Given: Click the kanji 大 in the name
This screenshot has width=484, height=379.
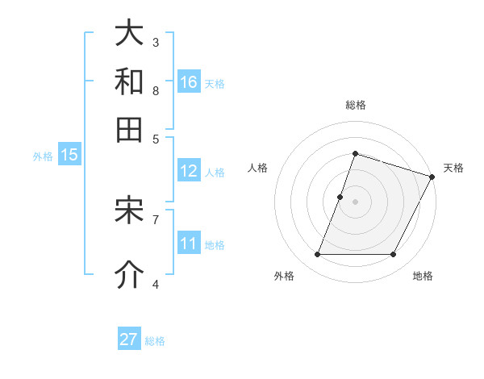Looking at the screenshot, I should point(130,33).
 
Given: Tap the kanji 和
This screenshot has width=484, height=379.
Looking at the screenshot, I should point(130,81).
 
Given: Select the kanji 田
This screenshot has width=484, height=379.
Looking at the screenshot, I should point(130,130).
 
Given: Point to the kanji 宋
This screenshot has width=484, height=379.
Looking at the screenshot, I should point(130,210).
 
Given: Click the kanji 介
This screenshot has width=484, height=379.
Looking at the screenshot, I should point(130,275).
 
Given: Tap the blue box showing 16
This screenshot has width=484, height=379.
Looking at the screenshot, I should point(189,81).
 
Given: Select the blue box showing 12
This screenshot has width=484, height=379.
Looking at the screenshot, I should point(189,171).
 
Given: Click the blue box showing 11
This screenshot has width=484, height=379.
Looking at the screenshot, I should point(189,244).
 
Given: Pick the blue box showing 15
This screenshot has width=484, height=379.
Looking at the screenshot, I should point(69,156).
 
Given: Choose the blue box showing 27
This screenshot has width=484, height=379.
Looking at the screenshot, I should point(129,339).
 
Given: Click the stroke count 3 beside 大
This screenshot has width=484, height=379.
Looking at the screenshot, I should point(156,42).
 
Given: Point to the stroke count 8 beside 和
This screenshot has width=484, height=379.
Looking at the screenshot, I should point(156,90).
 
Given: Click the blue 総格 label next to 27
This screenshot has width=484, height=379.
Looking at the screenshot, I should point(156,341).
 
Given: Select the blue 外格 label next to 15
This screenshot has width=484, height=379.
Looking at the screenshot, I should point(43,156).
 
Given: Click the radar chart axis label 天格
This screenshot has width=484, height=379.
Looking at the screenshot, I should point(453,168).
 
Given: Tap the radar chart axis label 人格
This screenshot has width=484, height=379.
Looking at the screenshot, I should point(258,168).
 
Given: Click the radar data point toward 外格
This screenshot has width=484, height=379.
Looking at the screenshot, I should point(317,255).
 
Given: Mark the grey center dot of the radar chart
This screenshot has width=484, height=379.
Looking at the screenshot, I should point(355,201).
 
